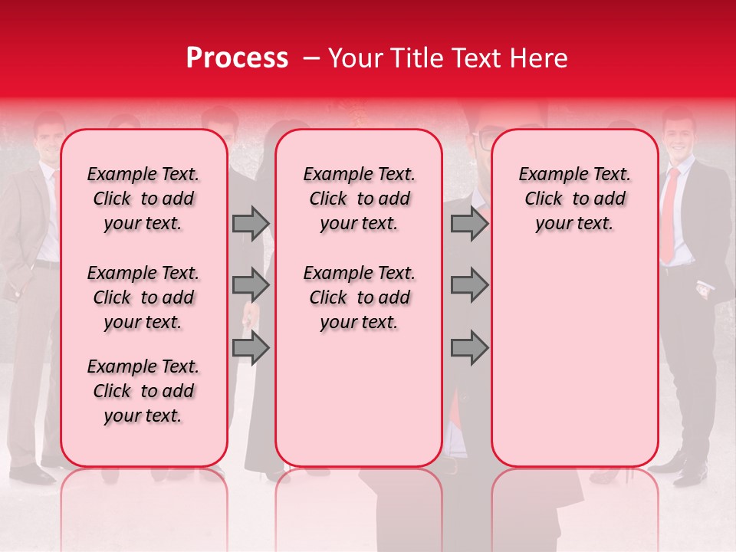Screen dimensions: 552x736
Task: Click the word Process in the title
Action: (237, 58)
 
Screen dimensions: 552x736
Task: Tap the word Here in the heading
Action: (538, 58)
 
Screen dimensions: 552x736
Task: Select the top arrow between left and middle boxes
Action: (251, 223)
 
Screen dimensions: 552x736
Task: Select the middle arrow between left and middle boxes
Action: (251, 285)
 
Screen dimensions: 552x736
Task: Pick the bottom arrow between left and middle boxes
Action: (251, 347)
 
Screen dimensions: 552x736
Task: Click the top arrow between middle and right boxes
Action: (469, 223)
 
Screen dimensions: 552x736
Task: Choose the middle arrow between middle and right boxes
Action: (469, 285)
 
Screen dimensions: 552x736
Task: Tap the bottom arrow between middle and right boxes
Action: (469, 347)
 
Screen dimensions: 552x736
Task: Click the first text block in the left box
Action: (143, 199)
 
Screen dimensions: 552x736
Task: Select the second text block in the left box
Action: (143, 297)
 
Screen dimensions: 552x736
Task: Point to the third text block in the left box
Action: (143, 391)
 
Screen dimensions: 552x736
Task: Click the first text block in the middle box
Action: (359, 199)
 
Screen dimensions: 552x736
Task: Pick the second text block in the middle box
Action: (359, 297)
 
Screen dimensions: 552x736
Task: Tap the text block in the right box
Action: (574, 199)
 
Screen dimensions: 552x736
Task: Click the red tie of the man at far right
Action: (669, 215)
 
